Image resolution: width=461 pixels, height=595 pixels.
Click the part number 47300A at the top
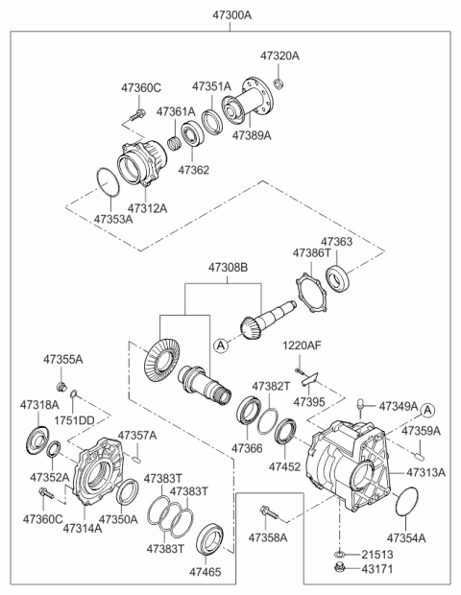[x=231, y=15]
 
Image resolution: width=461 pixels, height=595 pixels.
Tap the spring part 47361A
[x=174, y=143]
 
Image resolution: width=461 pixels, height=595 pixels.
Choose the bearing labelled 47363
[x=337, y=279]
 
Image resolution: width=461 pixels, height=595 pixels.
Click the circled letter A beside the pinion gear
[x=221, y=345]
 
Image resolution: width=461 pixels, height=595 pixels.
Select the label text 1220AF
[x=302, y=345]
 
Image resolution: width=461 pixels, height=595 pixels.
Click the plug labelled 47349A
[x=360, y=407]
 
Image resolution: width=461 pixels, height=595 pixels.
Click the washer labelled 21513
[x=339, y=554]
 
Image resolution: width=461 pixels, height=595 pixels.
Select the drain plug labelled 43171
[x=339, y=567]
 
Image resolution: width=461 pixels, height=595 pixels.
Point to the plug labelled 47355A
[x=61, y=387]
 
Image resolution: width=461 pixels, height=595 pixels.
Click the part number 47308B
[x=228, y=268]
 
